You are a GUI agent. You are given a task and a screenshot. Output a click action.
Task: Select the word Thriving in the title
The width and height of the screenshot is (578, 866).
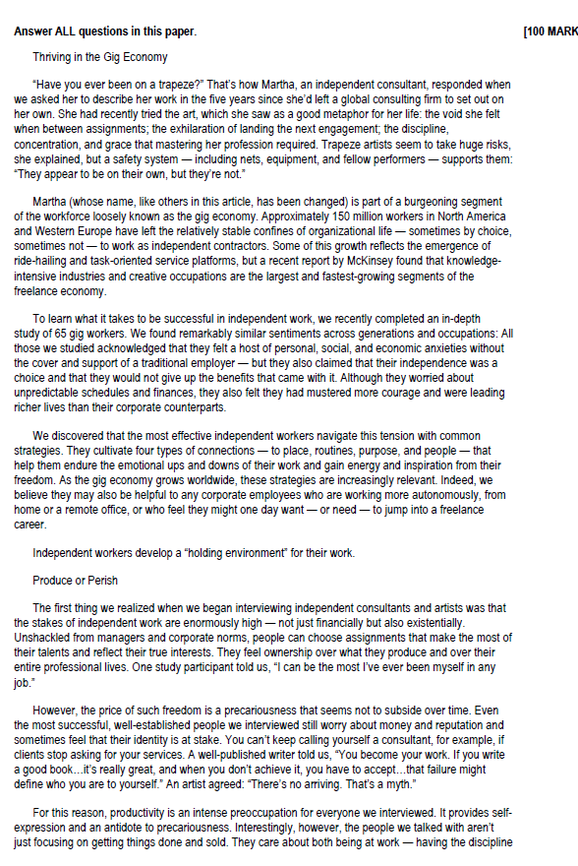(x=53, y=58)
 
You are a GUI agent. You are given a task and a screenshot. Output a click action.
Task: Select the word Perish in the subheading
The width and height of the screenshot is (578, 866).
(x=101, y=581)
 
